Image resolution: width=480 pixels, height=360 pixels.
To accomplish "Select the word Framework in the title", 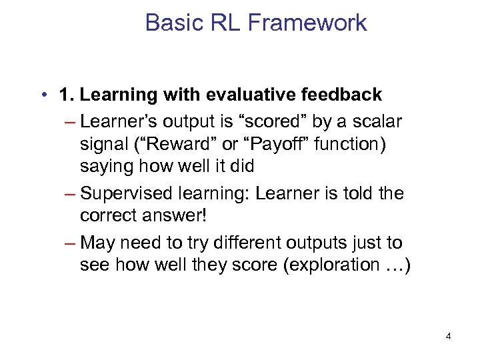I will pyautogui.click(x=307, y=23).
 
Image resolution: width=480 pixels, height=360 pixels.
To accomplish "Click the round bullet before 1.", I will pyautogui.click(x=43, y=95).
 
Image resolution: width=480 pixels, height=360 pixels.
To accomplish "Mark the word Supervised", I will pyautogui.click(x=125, y=193).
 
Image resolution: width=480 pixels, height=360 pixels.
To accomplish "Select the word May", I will pyautogui.click(x=96, y=242).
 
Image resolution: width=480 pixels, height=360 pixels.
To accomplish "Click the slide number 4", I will pyautogui.click(x=448, y=336).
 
